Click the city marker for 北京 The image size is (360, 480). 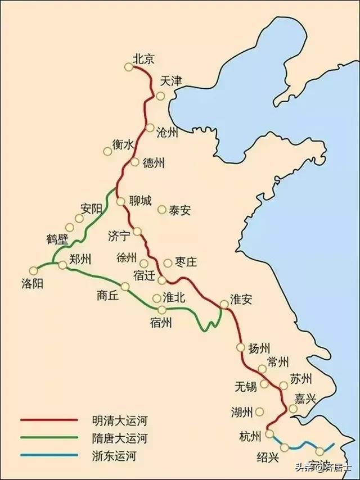pyautogui.click(x=129, y=67)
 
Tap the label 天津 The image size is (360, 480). pyautogui.click(x=171, y=81)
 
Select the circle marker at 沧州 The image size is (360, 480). pyautogui.click(x=150, y=128)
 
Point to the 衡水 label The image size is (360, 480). pyautogui.click(x=123, y=144)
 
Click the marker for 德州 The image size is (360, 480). pyautogui.click(x=134, y=162)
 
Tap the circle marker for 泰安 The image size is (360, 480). pyautogui.click(x=162, y=210)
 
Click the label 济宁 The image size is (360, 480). pyautogui.click(x=119, y=236)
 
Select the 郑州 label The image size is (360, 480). pyautogui.click(x=80, y=259)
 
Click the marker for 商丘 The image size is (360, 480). pyautogui.click(x=125, y=287)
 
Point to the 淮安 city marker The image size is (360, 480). pyautogui.click(x=224, y=305)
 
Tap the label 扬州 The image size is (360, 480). pyautogui.click(x=259, y=348)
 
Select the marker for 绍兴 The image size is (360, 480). pyautogui.click(x=285, y=447)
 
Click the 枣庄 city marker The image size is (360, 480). pyautogui.click(x=168, y=262)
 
